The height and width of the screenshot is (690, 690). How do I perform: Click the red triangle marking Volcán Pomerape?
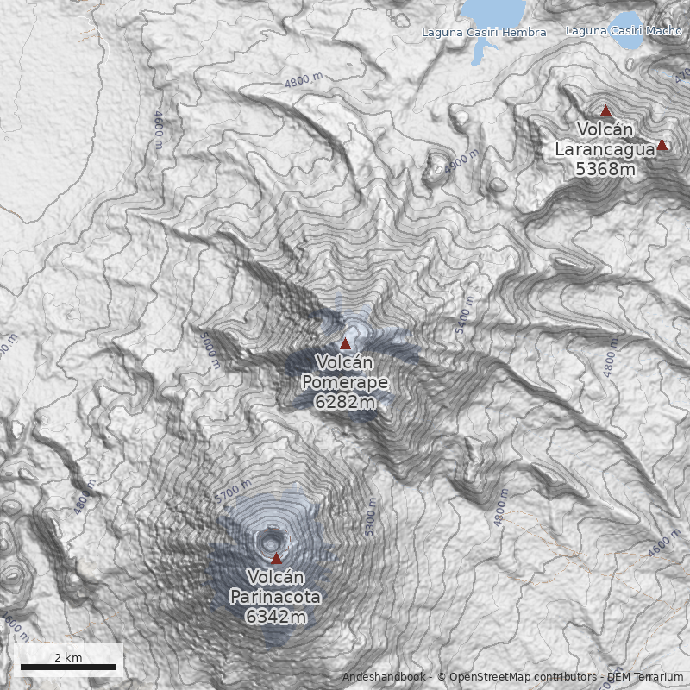point(346,343)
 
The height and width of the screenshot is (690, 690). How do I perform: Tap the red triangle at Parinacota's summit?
point(276,558)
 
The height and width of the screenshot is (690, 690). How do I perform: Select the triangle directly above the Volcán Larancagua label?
point(605,111)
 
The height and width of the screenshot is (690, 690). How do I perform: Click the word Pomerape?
point(344,382)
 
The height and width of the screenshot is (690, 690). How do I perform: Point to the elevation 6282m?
point(344,402)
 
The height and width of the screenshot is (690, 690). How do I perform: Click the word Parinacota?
point(275,597)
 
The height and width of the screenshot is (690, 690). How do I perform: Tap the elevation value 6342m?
point(275,617)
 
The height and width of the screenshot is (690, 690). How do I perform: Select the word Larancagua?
point(605,149)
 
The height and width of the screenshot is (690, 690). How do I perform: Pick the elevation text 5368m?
point(605,169)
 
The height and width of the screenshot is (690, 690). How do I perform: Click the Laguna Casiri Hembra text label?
point(484,33)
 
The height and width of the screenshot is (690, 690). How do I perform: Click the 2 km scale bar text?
point(68,657)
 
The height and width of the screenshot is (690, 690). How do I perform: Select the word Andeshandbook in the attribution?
point(383,677)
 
